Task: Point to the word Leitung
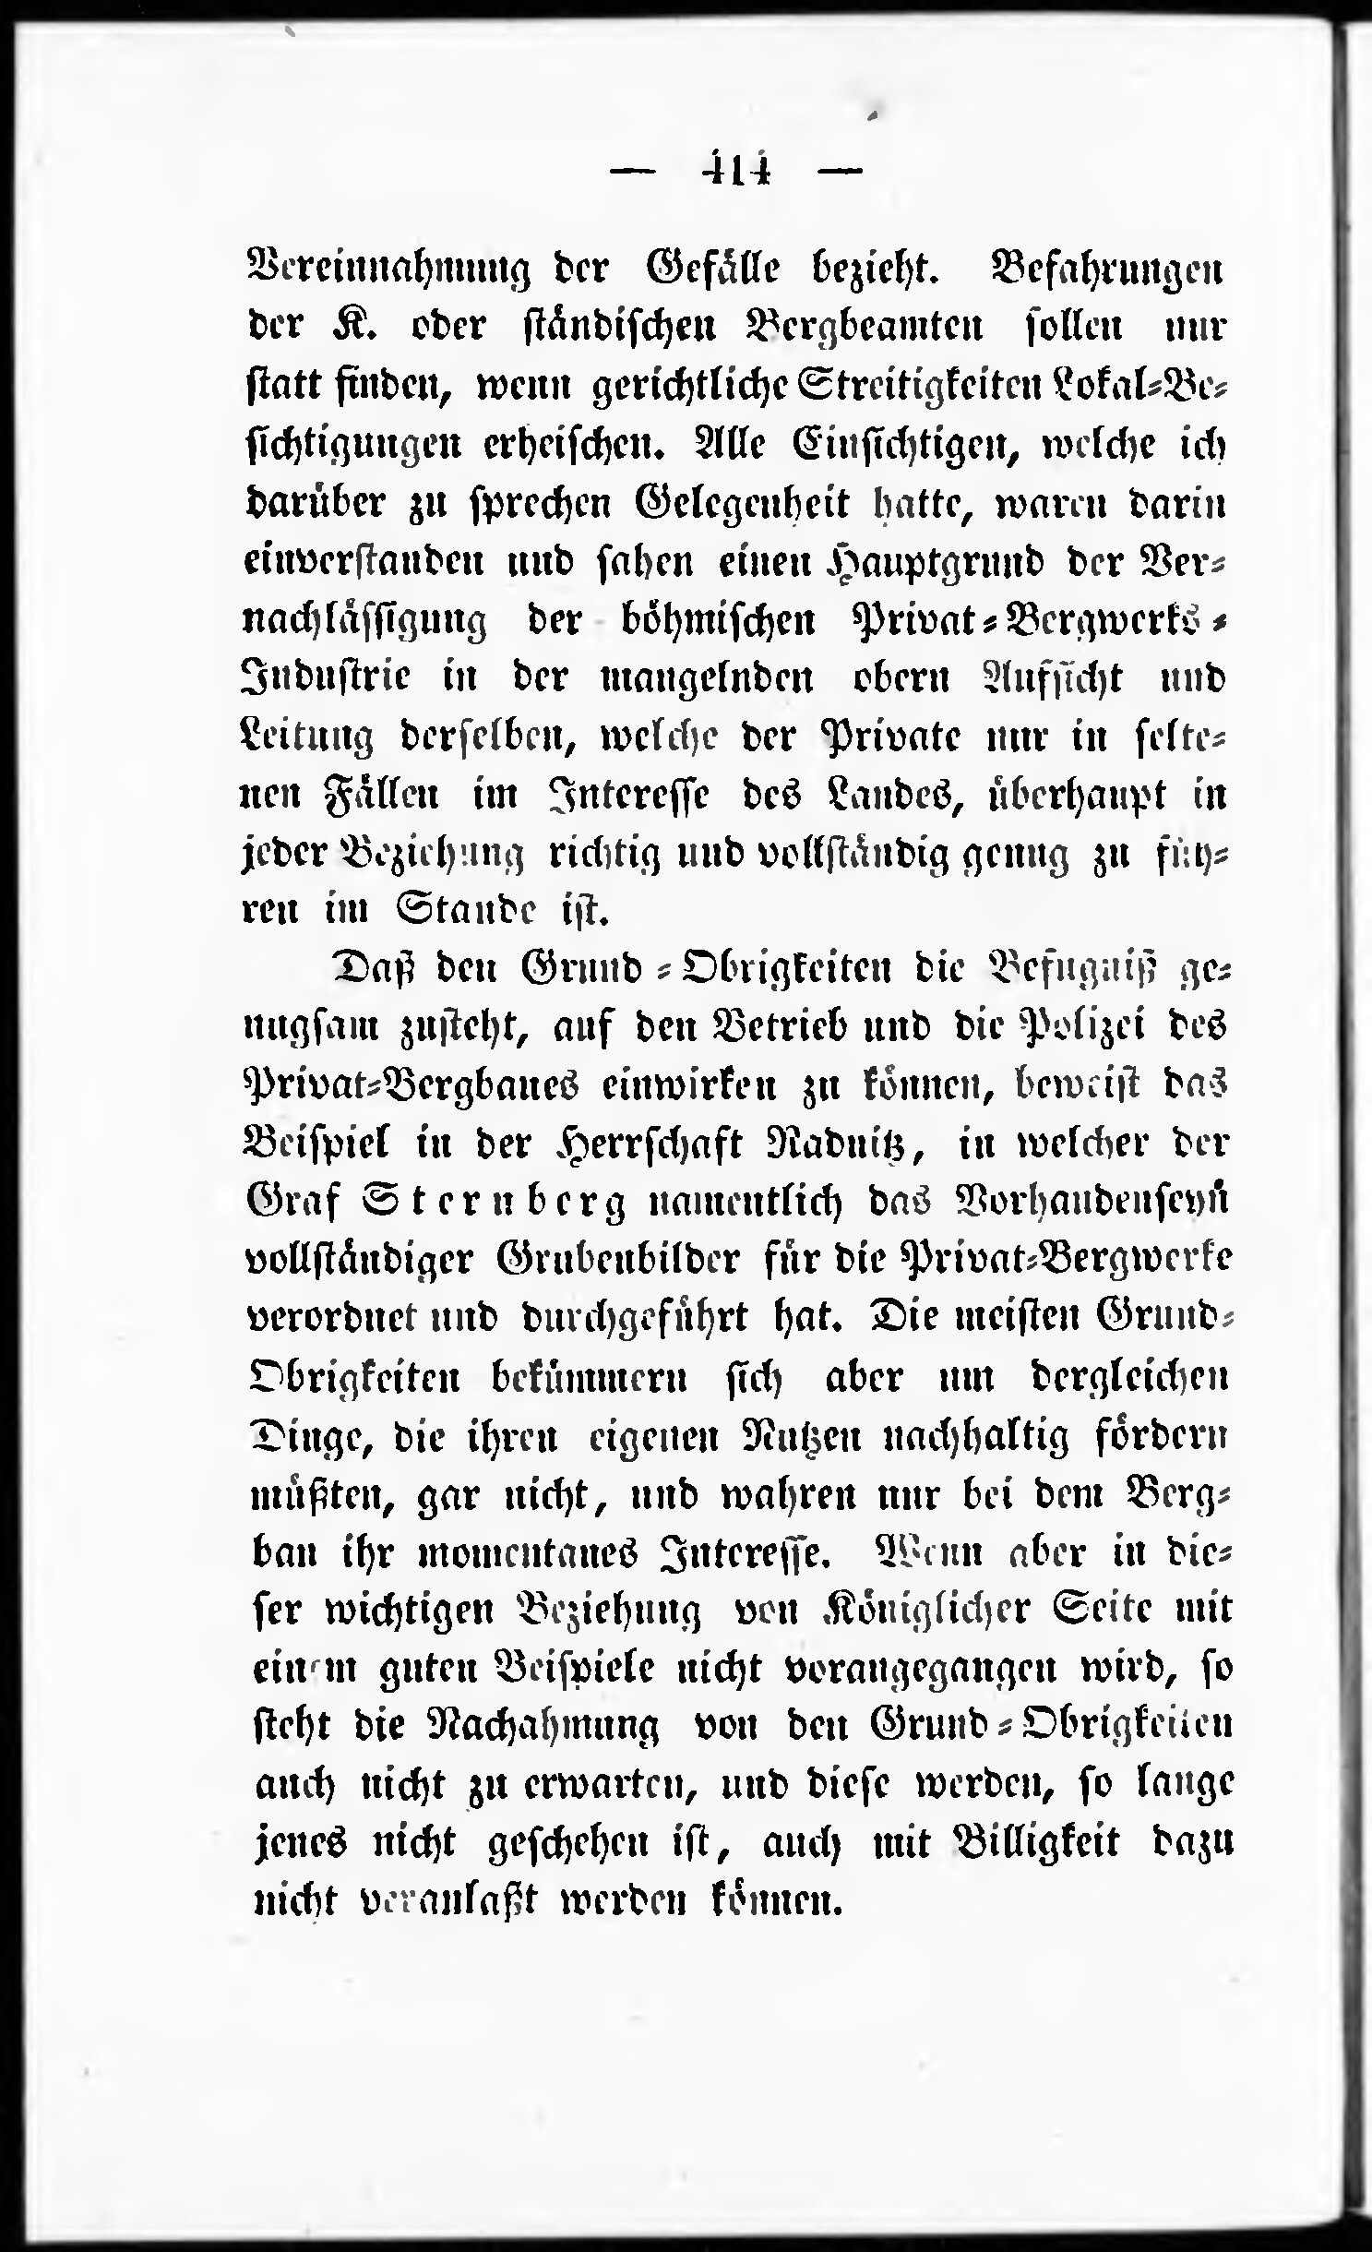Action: point(305,738)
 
